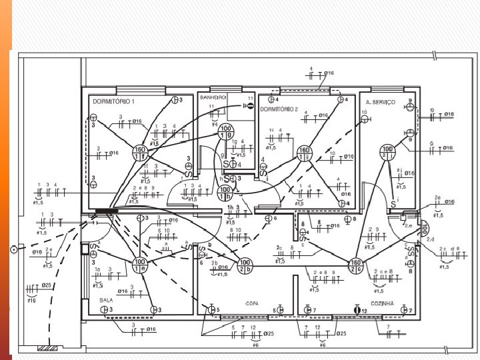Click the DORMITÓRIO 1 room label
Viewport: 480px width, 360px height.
coord(113,101)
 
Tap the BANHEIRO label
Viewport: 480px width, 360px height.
coord(213,97)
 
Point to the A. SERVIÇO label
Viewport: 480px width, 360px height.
coord(380,101)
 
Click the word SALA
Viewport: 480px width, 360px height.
coord(106,300)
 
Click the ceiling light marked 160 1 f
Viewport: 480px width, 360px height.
coord(140,153)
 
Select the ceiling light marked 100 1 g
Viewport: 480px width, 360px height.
coord(227,131)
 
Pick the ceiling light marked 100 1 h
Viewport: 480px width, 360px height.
coord(225,193)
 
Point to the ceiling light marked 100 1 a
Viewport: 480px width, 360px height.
coord(140,265)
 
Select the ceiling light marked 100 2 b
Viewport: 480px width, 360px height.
coord(245,265)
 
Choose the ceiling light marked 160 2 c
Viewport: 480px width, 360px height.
coord(357,265)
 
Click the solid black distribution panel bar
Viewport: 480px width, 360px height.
coord(107,211)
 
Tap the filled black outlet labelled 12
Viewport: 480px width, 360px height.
coord(357,310)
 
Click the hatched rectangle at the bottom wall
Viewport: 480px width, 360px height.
coord(49,348)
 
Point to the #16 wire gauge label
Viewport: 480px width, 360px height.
coord(31,301)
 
